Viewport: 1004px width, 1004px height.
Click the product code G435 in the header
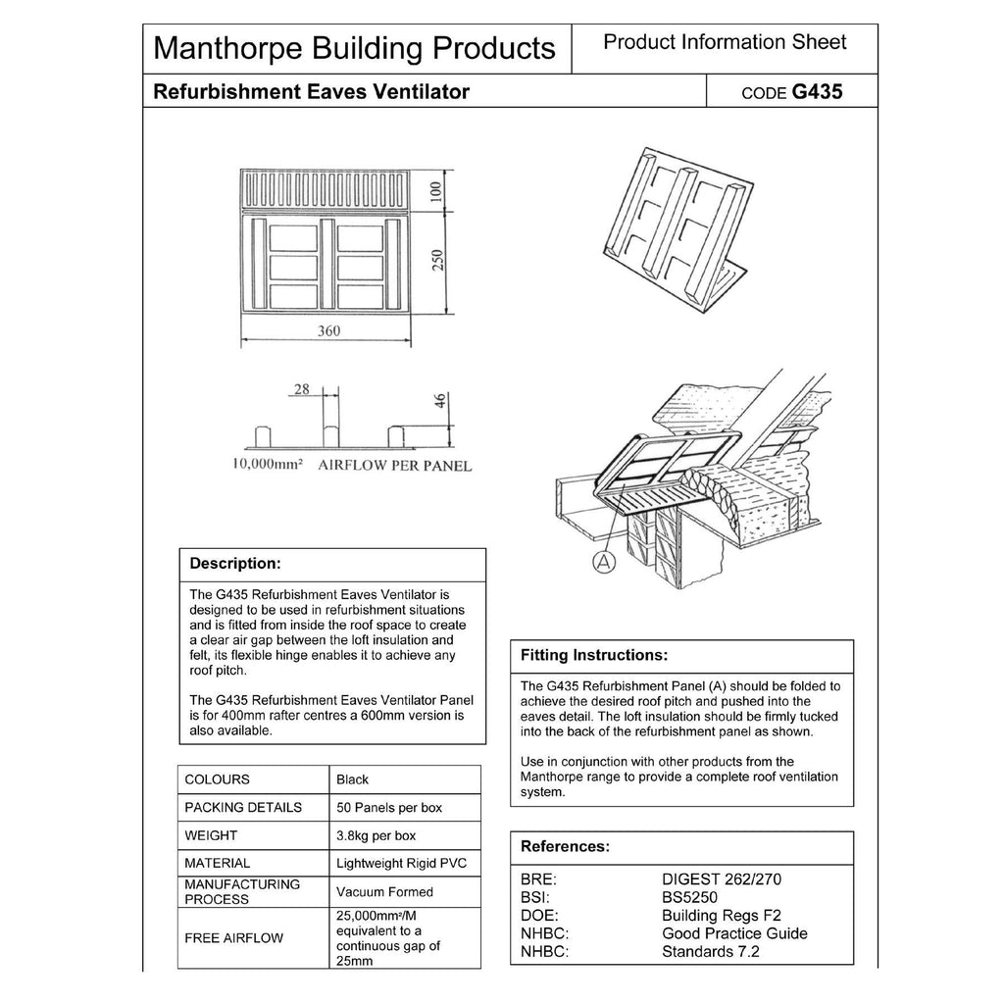817,92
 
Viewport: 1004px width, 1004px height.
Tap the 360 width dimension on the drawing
328,331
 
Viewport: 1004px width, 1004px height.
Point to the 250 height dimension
440,261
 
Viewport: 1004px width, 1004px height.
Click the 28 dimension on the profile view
302,390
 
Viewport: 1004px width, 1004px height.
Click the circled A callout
604,561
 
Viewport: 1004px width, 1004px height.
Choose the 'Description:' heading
235,564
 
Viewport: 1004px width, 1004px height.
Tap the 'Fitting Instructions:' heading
594,655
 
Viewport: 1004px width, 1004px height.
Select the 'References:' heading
565,846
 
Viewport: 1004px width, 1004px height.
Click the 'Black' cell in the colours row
353,779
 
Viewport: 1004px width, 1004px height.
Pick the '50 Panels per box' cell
389,808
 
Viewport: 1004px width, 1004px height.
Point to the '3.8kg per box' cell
376,836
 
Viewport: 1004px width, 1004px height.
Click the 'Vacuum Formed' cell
384,892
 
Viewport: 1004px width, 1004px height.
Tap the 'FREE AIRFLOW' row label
233,938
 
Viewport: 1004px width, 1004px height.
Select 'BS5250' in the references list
691,897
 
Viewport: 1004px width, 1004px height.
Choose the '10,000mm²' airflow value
266,466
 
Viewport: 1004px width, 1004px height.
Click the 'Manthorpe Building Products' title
355,47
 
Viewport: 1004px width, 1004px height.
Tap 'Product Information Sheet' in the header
725,42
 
